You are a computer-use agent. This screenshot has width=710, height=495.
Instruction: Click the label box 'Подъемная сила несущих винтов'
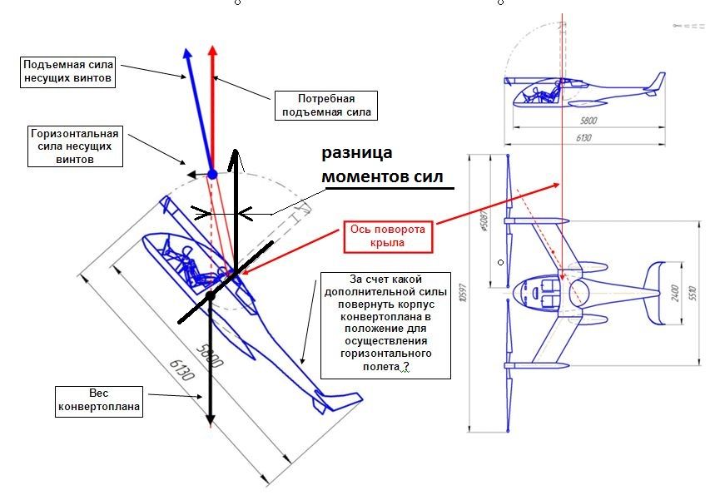point(68,72)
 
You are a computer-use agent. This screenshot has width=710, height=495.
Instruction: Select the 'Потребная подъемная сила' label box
point(325,106)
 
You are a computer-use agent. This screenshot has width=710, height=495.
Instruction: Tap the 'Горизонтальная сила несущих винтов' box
point(74,146)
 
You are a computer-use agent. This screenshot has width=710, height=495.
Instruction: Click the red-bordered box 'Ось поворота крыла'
point(389,236)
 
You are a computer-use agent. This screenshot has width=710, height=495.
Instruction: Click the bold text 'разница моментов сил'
point(381,165)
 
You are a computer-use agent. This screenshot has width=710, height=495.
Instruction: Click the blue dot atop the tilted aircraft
point(212,173)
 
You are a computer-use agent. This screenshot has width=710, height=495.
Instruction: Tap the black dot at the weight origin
point(211,295)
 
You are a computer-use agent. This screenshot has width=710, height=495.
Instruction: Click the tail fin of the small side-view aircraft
point(657,82)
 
